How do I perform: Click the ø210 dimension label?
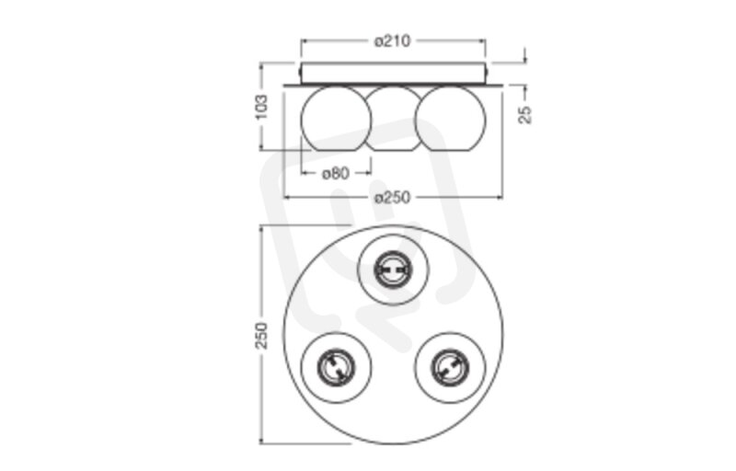[x=393, y=41]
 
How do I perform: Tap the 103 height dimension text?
[x=261, y=107]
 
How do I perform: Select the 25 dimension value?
[x=525, y=114]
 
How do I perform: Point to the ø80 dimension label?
[x=336, y=174]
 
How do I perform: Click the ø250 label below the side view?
[x=393, y=198]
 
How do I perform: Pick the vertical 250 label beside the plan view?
[x=261, y=335]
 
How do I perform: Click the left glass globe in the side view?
[x=336, y=119]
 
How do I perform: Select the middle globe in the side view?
[x=394, y=119]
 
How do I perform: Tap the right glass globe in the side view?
[x=451, y=119]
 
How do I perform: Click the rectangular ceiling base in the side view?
[x=394, y=74]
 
